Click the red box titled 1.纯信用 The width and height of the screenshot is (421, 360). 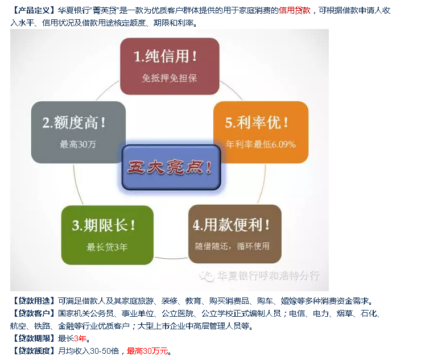[170, 67]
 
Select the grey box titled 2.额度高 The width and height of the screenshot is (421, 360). [79, 132]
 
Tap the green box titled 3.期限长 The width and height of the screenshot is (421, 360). [108, 235]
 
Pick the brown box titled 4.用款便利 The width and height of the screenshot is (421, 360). [235, 234]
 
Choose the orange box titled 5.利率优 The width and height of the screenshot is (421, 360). [261, 132]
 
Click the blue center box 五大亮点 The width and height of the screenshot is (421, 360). [171, 167]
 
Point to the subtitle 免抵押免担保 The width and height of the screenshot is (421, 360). [170, 78]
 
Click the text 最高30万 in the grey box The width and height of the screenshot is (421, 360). [78, 144]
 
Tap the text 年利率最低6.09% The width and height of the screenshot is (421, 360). [261, 144]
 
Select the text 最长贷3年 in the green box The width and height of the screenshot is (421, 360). [107, 247]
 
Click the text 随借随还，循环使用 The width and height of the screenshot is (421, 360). [232, 246]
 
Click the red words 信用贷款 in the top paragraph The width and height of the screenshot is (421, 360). [295, 10]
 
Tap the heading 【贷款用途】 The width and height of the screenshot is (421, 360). [34, 301]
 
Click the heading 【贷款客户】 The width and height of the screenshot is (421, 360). [34, 313]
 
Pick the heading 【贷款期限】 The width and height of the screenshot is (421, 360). [34, 338]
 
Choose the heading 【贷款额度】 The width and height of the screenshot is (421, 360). [34, 351]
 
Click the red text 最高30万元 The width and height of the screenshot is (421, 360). [147, 351]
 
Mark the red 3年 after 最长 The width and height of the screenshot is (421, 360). [80, 338]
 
